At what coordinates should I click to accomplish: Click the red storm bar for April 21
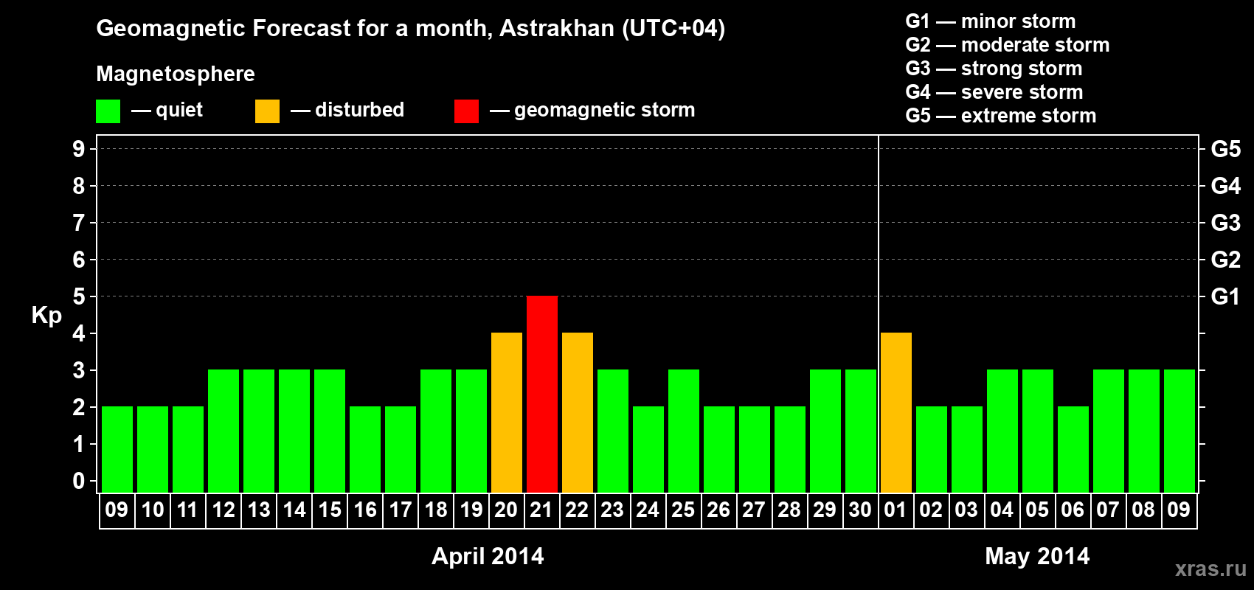[x=542, y=394]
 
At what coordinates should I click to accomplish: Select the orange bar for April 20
[x=507, y=412]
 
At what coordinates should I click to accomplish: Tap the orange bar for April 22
[x=578, y=412]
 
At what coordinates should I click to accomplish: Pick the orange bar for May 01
[x=896, y=412]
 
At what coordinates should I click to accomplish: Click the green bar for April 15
[x=330, y=431]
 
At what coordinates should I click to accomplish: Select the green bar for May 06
[x=1073, y=449]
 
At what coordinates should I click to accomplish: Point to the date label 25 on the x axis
[x=683, y=510]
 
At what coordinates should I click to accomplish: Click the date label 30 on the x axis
[x=860, y=510]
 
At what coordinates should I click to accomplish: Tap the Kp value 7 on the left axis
[x=79, y=223]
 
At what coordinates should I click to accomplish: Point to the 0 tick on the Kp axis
[x=79, y=481]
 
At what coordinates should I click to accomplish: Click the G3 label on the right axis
[x=1225, y=223]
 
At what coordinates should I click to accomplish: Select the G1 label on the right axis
[x=1225, y=296]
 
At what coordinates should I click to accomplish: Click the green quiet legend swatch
[x=108, y=111]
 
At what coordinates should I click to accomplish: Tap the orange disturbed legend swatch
[x=268, y=111]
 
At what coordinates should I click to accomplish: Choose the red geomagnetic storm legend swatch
[x=466, y=111]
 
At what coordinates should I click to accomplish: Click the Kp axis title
[x=46, y=315]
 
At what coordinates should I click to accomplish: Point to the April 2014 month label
[x=488, y=555]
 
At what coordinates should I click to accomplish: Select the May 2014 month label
[x=1037, y=555]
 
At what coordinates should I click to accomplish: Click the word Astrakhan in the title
[x=557, y=28]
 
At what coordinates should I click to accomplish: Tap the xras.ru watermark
[x=1210, y=568]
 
